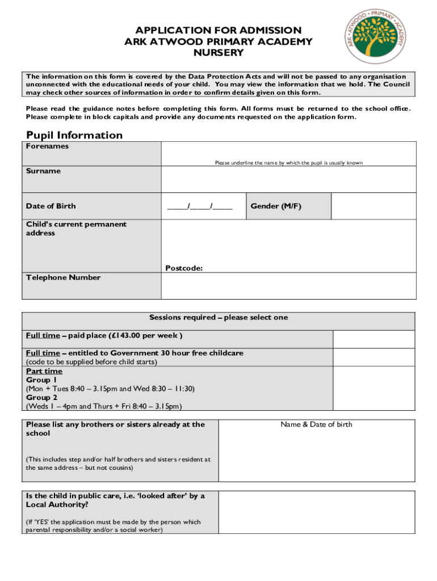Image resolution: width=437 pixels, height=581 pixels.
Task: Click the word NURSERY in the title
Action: pos(218,53)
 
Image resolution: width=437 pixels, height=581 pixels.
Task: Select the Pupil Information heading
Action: pos(74,135)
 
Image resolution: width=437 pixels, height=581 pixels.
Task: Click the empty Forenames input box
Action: pos(288,151)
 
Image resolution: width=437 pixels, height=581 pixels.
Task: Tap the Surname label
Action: pos(43,171)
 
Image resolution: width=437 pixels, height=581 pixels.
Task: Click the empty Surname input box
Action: pos(288,180)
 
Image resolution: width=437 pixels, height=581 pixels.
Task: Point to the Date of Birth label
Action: pos(51,206)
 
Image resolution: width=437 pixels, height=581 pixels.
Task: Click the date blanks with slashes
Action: pos(200,206)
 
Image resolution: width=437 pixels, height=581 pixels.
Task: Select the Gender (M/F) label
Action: pos(276,206)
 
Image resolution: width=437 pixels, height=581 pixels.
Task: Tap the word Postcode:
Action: pos(184,268)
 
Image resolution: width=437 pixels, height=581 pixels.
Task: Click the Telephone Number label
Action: pos(63,277)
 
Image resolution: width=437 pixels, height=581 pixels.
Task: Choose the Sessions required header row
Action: pos(218,317)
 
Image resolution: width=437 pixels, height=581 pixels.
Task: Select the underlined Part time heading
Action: pos(44,371)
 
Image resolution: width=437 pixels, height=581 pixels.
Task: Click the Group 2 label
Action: pos(41,397)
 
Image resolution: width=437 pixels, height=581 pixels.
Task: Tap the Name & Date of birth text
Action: pos(316,424)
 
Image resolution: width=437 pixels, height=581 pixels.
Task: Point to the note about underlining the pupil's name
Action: pos(288,163)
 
